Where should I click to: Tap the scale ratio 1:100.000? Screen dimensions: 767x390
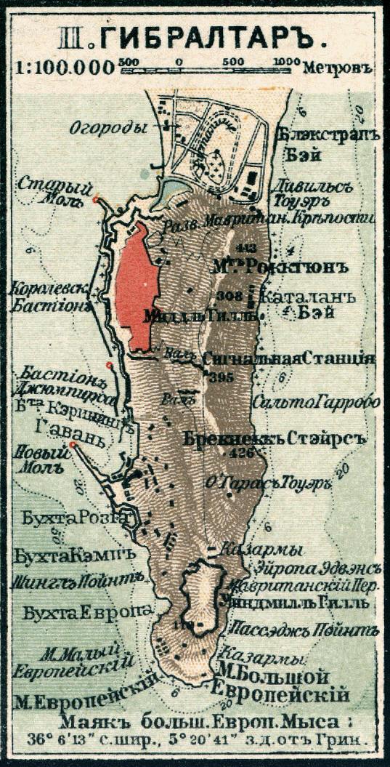click(x=63, y=68)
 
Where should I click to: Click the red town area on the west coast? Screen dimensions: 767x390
click(x=137, y=288)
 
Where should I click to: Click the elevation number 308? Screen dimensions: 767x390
click(x=229, y=294)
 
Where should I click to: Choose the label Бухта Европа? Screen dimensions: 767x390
click(x=87, y=612)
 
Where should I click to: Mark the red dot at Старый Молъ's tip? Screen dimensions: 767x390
click(x=96, y=198)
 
